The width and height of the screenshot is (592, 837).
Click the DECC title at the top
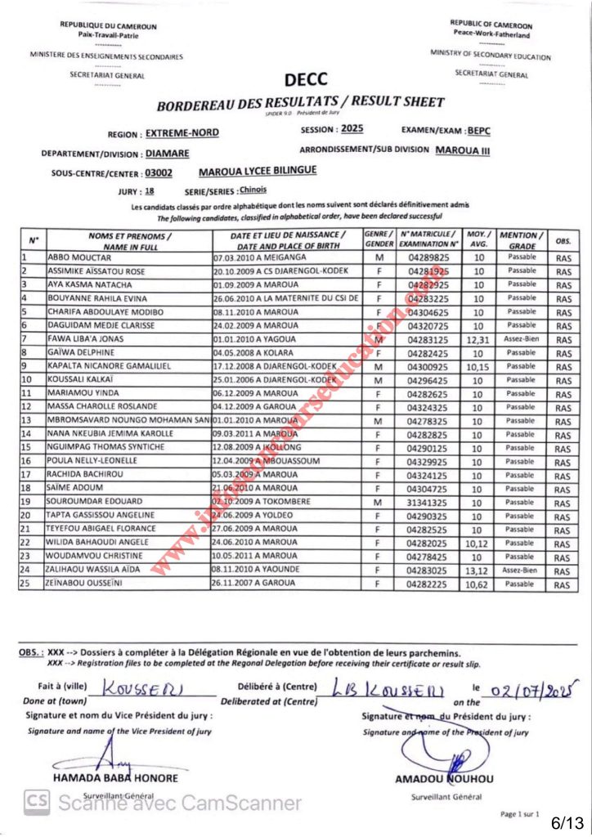click(306, 79)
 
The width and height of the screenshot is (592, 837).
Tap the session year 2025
click(352, 129)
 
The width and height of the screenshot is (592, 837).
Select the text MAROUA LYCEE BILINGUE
click(258, 172)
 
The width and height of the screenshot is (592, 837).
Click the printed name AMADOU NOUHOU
click(444, 780)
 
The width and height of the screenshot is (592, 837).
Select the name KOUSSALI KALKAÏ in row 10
click(83, 380)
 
